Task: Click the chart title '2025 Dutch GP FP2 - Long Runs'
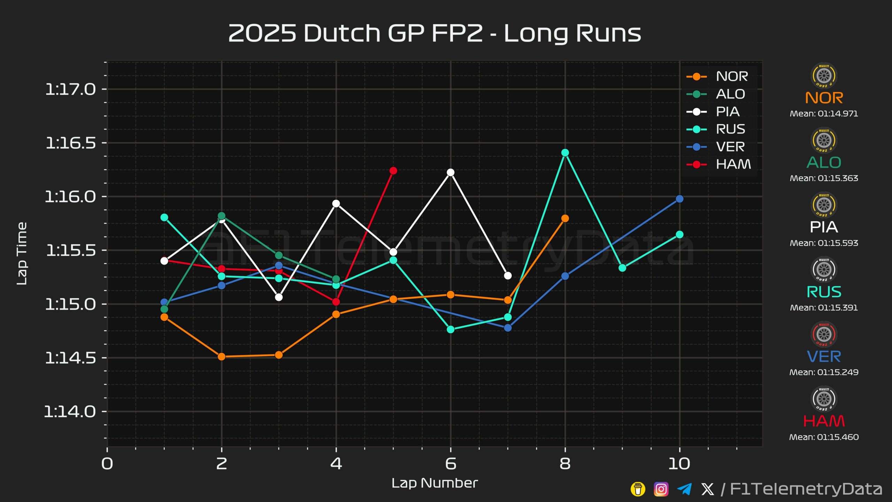[x=435, y=33]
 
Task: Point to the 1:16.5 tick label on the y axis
[x=71, y=143]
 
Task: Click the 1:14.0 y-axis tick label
[x=70, y=412]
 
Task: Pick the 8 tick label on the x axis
[x=565, y=464]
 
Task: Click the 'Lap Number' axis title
[x=435, y=483]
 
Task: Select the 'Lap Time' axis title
[x=22, y=253]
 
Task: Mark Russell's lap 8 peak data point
[x=565, y=153]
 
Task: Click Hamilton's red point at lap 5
[x=393, y=170]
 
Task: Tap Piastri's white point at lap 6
[x=451, y=173]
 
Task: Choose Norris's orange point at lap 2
[x=222, y=357]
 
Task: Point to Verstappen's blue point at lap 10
[x=679, y=199]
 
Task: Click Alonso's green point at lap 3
[x=279, y=256]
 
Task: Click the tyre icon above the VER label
[x=824, y=334]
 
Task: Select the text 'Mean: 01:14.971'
[x=824, y=114]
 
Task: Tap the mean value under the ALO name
[x=824, y=178]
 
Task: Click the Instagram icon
[x=661, y=489]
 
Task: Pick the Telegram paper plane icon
[x=684, y=489]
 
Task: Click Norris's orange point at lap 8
[x=565, y=218]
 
